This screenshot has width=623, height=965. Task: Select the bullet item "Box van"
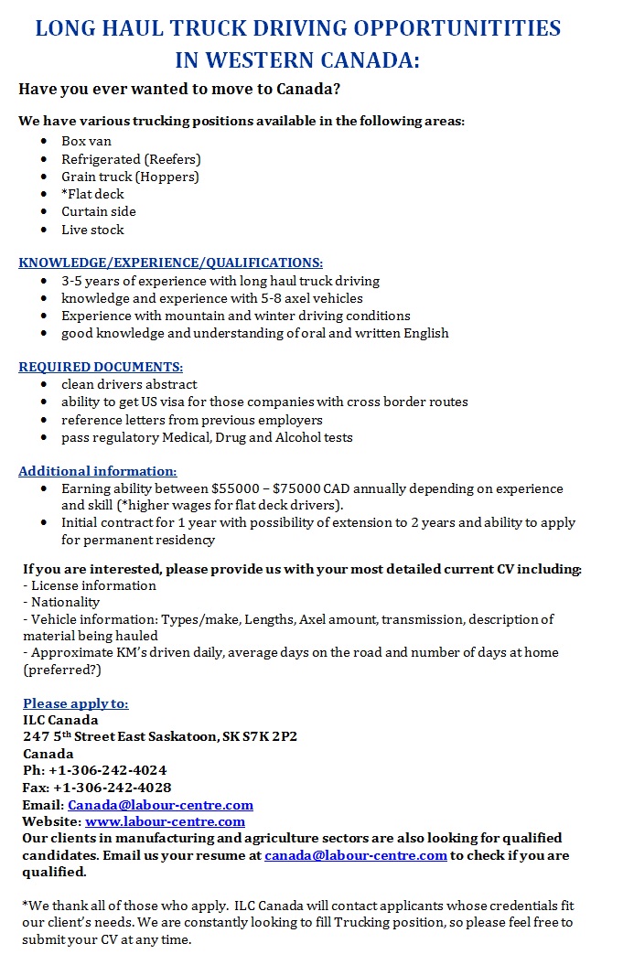click(86, 141)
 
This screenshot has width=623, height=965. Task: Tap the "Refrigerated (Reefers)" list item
click(131, 159)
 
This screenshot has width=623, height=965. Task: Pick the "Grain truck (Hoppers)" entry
click(130, 177)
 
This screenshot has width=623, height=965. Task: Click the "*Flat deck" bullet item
click(92, 194)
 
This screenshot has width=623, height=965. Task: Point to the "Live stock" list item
click(92, 230)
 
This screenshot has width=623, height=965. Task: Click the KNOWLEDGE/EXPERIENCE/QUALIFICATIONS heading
click(170, 263)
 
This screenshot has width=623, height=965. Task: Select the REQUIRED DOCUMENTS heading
click(101, 367)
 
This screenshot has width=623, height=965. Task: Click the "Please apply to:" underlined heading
click(76, 703)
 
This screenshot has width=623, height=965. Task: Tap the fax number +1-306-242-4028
click(112, 788)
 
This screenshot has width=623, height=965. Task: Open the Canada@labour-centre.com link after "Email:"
click(160, 805)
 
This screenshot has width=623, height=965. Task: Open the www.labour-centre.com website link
click(165, 821)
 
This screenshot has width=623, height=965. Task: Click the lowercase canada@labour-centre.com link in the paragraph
click(356, 855)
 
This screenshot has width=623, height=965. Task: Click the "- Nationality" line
click(61, 602)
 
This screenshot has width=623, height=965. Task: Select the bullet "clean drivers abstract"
click(129, 384)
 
